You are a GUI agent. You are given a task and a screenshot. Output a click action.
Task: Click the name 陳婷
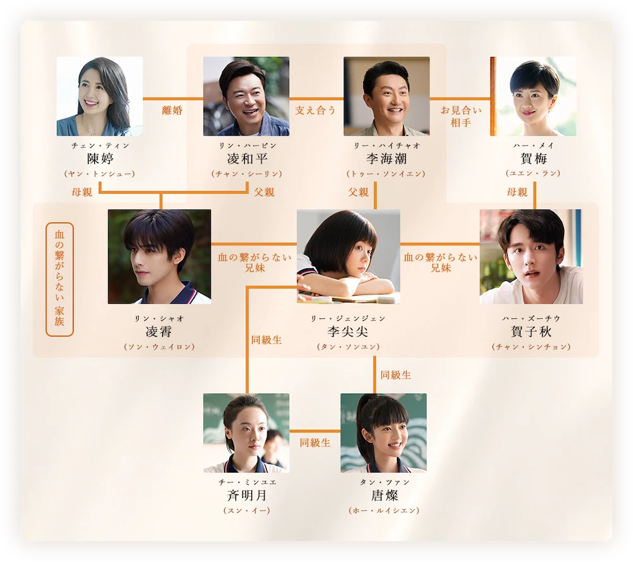[x=100, y=158]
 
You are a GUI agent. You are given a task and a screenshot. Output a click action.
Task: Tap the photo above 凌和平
[x=246, y=96]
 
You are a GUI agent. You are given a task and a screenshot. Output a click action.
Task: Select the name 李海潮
[x=386, y=158]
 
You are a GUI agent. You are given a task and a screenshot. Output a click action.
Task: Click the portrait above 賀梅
[x=534, y=96]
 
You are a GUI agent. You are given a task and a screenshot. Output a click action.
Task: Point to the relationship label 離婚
[x=172, y=110]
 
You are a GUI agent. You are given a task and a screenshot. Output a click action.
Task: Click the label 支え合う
[x=315, y=110]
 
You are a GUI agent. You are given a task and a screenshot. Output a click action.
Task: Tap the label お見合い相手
[x=460, y=116]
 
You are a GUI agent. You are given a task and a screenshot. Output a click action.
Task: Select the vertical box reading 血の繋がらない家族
[x=60, y=278]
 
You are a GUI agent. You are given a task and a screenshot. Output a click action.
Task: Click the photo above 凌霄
[x=160, y=256]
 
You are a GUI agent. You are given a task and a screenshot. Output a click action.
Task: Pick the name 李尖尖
[x=348, y=332]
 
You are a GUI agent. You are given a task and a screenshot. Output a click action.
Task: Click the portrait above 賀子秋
[x=531, y=256]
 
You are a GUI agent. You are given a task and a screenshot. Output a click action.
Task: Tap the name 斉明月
[x=246, y=495]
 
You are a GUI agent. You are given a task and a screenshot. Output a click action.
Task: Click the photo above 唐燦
[x=384, y=432]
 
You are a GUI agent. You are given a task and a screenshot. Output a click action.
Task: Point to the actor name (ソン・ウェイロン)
[x=160, y=347]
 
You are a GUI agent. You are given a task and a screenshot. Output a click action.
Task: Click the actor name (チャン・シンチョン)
[x=531, y=347]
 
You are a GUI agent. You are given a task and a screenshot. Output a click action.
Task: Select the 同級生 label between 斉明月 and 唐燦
[x=315, y=442]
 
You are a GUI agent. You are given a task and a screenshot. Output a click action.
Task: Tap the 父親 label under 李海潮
[x=358, y=192]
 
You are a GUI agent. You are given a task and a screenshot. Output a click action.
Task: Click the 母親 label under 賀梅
[x=517, y=192]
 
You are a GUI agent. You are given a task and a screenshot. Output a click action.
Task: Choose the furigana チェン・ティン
[x=100, y=146]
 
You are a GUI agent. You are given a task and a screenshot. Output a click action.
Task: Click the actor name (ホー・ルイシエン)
[x=384, y=510]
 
